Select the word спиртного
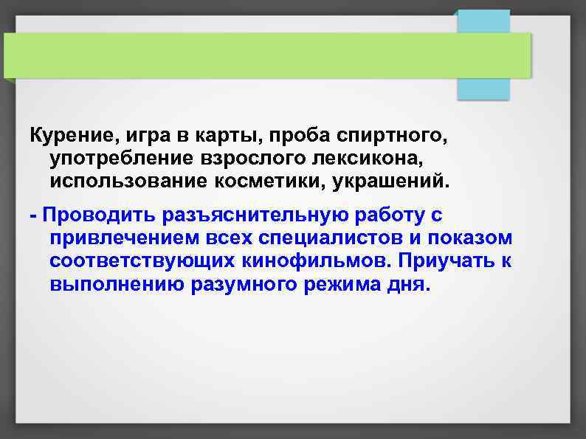(x=384, y=136)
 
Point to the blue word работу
(x=380, y=216)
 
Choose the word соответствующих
(x=142, y=262)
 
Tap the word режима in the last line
(x=336, y=285)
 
